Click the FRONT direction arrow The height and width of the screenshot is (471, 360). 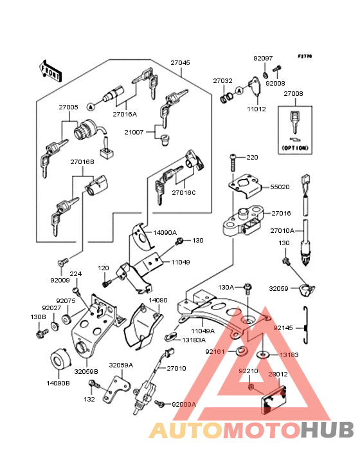click(50, 71)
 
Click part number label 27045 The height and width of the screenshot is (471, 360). click(180, 63)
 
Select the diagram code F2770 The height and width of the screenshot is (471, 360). click(305, 56)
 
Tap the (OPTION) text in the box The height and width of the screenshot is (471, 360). click(295, 148)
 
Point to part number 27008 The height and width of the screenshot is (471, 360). click(293, 94)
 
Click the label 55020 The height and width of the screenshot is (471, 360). click(280, 187)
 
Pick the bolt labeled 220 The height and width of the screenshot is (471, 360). click(233, 162)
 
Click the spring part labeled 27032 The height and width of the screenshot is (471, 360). click(227, 98)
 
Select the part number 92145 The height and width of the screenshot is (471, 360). click(283, 328)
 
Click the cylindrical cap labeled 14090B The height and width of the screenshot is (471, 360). click(60, 359)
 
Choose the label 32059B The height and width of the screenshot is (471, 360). click(86, 371)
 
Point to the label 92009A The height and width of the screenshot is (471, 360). click(184, 405)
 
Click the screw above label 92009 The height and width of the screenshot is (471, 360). click(63, 263)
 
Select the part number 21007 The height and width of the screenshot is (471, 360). click(134, 132)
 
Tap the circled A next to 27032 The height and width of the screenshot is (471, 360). click(239, 91)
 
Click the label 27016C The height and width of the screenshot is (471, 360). click(184, 192)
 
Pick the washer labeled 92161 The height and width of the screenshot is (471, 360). click(241, 351)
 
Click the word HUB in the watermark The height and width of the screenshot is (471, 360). click(328, 430)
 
